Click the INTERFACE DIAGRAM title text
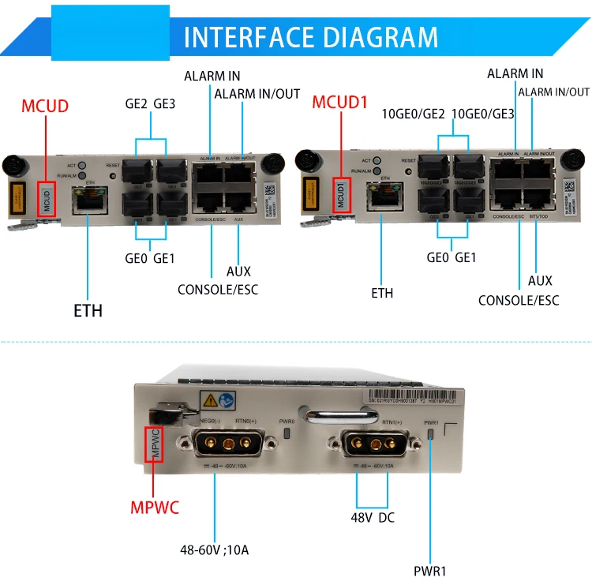coord(310,37)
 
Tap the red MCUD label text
coord(45,106)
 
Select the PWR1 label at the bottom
coord(431,570)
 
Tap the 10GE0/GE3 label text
coord(482,113)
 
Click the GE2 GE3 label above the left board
coord(150,103)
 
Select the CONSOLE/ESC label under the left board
coord(217,289)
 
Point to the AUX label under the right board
coord(540,280)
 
